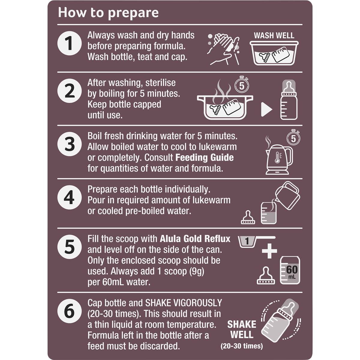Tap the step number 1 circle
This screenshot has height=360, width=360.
[70, 43]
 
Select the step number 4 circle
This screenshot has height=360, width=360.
[70, 197]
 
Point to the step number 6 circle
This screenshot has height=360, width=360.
[70, 311]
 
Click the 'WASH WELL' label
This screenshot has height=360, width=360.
[274, 35]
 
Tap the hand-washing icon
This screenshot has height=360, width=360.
[223, 49]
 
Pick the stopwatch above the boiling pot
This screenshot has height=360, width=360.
[242, 84]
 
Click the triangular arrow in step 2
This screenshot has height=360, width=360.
[266, 109]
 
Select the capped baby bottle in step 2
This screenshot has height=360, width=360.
[289, 100]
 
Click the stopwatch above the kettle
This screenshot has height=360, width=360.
[293, 137]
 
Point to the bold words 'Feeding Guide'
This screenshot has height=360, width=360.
[205, 157]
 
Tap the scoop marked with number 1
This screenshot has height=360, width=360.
[256, 242]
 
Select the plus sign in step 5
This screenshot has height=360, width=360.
[269, 251]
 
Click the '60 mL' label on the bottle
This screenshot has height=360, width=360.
[292, 271]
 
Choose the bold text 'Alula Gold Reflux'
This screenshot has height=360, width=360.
[195, 239]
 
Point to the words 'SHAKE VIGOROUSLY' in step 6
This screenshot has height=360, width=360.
[184, 303]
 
